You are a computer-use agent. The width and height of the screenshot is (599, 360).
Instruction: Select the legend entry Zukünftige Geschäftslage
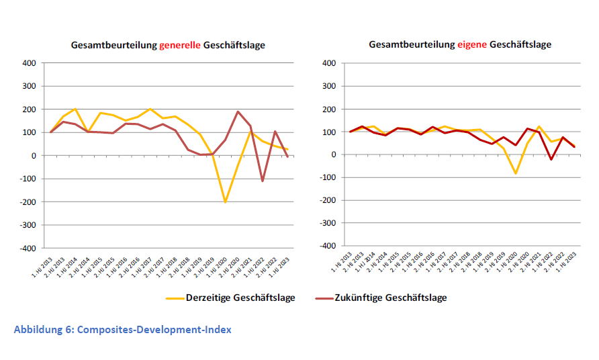[x=391, y=298]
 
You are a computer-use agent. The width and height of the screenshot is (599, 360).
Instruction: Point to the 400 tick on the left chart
[x=28, y=63]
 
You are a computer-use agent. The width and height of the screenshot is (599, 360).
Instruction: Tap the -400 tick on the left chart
[x=26, y=249]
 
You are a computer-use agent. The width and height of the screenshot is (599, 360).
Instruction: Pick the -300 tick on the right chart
[x=327, y=223]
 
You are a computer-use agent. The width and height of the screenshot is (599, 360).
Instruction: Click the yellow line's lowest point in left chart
[x=225, y=201]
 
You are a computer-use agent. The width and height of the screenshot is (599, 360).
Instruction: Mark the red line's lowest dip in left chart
[x=263, y=181]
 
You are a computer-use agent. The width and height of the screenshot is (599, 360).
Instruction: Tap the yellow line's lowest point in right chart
[x=516, y=174]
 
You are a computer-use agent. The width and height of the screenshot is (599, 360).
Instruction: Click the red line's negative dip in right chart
[x=551, y=159]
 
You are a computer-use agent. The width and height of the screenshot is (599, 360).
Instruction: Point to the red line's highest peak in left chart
[x=238, y=111]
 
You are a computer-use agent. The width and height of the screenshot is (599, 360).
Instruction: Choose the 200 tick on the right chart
[x=328, y=109]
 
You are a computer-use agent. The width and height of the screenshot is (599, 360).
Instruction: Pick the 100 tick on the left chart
[x=28, y=132]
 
